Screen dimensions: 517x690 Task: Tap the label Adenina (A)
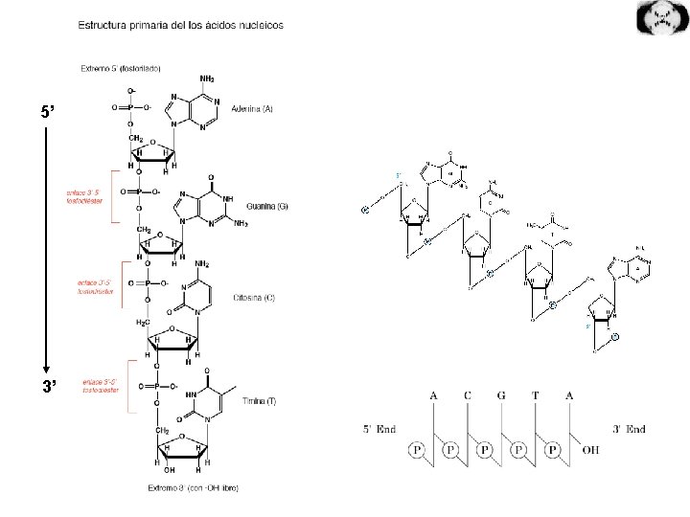[x=250, y=109]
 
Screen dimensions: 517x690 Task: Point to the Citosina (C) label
[x=255, y=298]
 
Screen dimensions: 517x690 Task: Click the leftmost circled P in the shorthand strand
[x=417, y=449]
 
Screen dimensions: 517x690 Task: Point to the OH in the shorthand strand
[x=590, y=449]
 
